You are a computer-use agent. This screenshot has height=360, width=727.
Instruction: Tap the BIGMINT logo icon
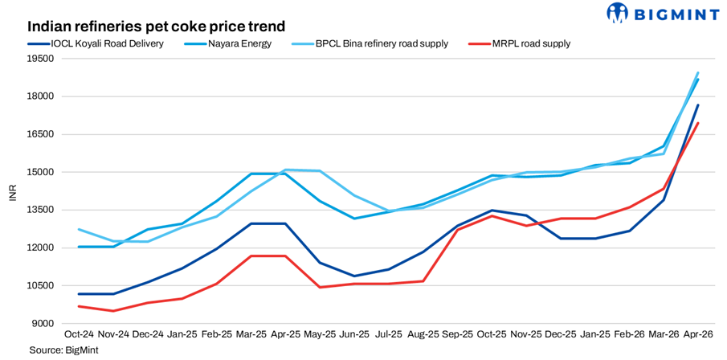(x=618, y=14)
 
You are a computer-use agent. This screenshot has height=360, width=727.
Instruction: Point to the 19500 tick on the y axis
(x=39, y=59)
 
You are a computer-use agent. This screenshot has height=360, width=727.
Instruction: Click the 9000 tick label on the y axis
(x=42, y=323)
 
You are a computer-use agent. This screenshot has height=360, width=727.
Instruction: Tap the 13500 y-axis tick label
(x=39, y=210)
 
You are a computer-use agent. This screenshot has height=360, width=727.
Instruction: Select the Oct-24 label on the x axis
(x=79, y=333)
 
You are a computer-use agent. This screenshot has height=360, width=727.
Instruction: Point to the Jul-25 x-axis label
(x=388, y=333)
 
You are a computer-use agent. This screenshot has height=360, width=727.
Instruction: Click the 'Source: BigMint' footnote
(x=58, y=350)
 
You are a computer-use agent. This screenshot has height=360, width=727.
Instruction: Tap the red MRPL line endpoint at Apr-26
(x=697, y=124)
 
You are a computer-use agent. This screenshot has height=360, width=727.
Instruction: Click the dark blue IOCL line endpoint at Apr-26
(x=697, y=105)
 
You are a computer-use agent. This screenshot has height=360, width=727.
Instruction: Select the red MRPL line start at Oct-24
(x=79, y=306)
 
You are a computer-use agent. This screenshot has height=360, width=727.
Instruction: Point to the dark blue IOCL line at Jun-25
(x=353, y=276)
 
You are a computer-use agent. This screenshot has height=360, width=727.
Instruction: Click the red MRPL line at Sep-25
(x=457, y=230)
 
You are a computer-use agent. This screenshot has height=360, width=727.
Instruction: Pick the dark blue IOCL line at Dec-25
(x=560, y=238)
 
